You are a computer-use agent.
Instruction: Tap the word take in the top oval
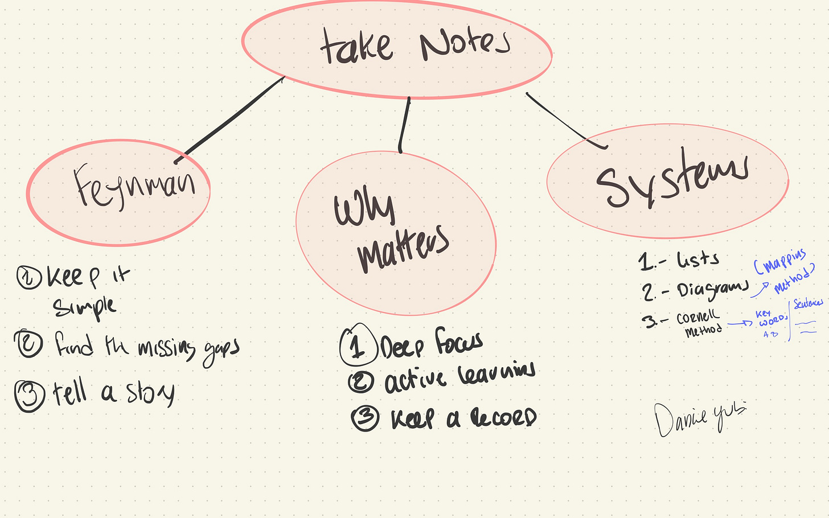356,47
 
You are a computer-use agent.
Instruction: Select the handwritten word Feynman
135,185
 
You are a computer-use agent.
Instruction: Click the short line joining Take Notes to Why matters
404,124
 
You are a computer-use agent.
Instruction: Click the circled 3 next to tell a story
30,394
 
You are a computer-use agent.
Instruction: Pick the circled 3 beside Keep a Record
365,418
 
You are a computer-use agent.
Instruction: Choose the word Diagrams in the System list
712,289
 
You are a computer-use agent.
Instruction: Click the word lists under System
698,260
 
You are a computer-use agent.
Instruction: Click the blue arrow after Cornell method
740,323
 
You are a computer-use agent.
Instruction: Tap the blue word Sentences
809,303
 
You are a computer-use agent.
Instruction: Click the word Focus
459,342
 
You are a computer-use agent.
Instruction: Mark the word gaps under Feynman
221,349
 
